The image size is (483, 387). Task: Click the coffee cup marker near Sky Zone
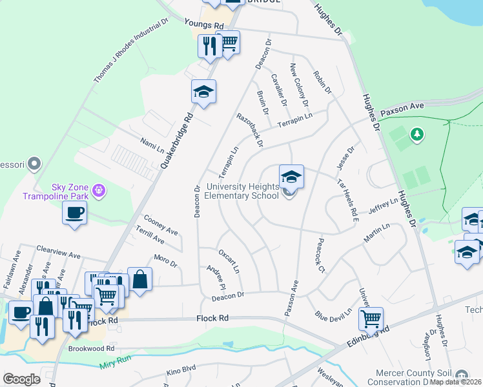[74, 213]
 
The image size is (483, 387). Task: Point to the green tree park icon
[417, 134]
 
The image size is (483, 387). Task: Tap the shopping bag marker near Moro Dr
[139, 280]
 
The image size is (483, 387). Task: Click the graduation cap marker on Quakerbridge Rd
[203, 92]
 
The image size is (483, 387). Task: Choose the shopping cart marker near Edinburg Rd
[371, 317]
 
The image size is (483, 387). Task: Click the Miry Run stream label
[115, 366]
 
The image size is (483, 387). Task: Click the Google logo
[21, 379]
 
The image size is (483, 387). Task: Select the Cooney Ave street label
[161, 225]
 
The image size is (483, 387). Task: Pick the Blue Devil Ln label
[333, 315]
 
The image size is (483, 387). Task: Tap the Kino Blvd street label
[181, 373]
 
